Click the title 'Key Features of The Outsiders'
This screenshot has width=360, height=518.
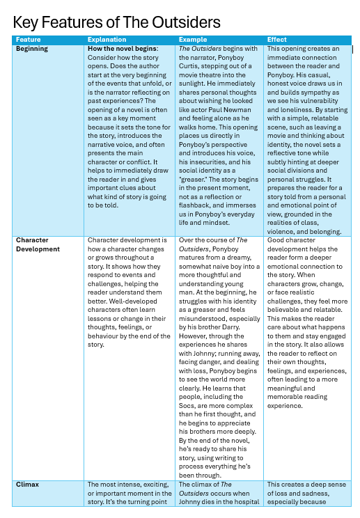click(x=117, y=22)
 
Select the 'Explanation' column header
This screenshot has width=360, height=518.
click(x=105, y=40)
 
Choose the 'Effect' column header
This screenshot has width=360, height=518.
click(x=276, y=40)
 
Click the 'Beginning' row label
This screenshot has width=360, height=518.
click(x=32, y=49)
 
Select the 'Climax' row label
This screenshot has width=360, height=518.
click(x=27, y=484)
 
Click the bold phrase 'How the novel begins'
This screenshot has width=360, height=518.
click(x=123, y=49)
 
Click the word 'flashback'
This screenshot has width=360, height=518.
click(x=196, y=205)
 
